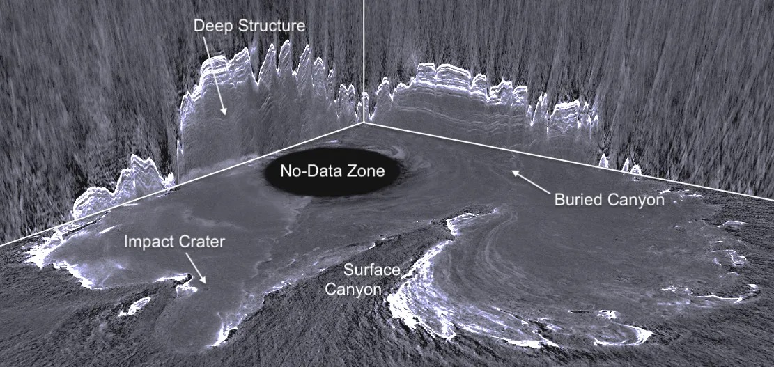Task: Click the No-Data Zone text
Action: click(x=332, y=171)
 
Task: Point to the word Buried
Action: click(x=576, y=200)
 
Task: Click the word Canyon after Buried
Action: click(x=633, y=201)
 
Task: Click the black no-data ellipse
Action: click(x=333, y=171)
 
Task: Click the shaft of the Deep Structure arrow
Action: click(x=214, y=74)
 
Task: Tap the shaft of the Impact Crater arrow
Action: click(x=196, y=268)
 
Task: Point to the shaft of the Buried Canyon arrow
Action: click(x=531, y=182)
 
